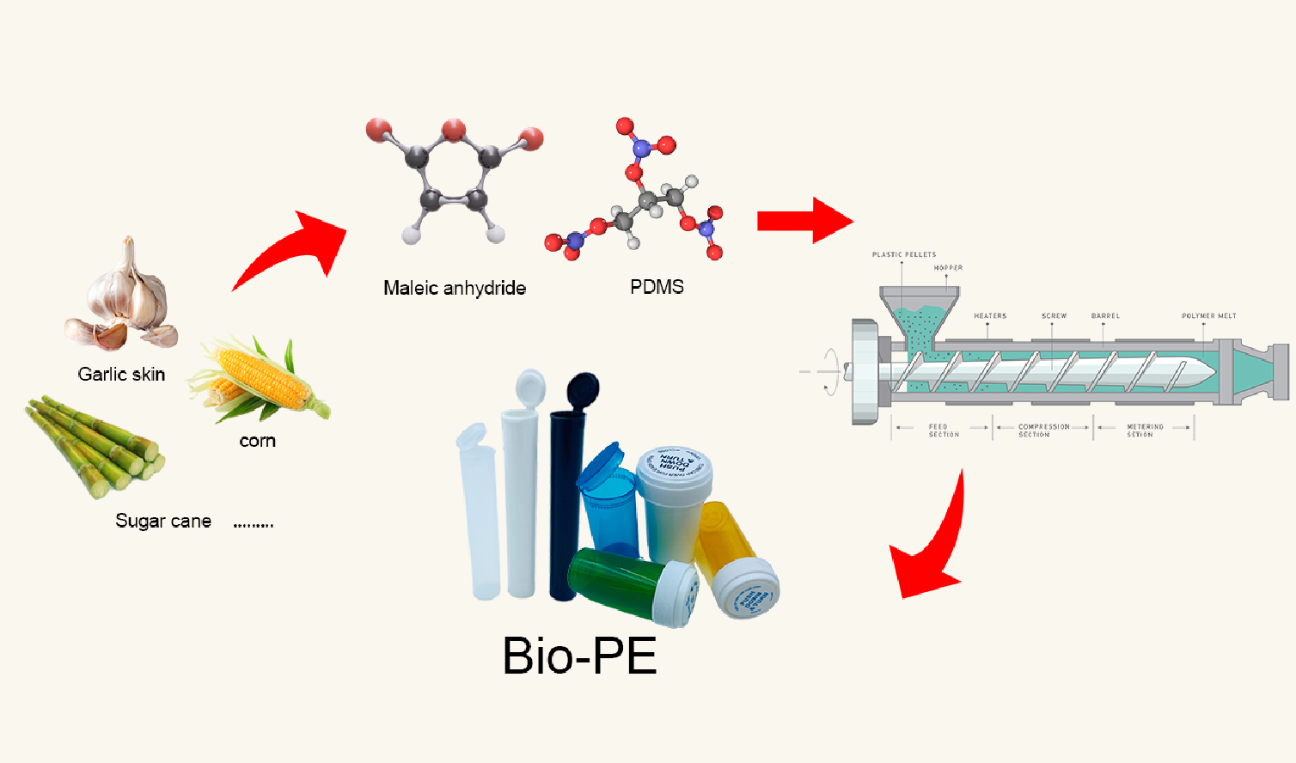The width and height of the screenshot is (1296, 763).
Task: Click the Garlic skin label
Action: (x=121, y=374)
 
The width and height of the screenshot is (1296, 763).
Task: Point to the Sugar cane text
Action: (x=163, y=521)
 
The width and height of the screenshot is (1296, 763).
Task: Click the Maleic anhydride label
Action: (x=455, y=288)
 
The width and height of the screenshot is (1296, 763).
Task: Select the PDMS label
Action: (x=657, y=287)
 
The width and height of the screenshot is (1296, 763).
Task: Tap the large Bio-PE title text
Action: (x=579, y=656)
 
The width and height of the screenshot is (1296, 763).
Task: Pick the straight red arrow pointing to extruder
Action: (x=803, y=221)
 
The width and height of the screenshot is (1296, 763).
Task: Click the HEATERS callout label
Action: (x=989, y=316)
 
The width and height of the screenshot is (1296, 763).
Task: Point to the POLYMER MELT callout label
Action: (x=1208, y=316)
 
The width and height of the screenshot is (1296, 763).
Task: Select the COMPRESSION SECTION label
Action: (x=1043, y=430)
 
